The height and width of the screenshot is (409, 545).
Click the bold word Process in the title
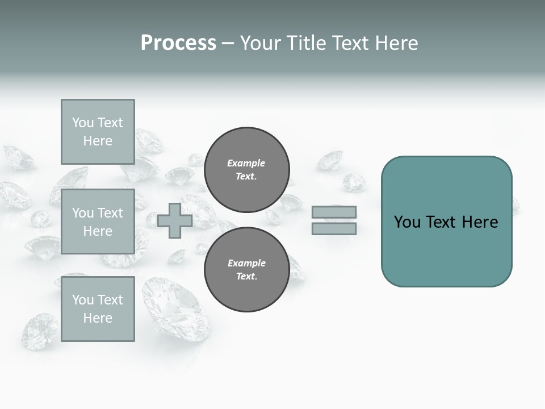[178, 43]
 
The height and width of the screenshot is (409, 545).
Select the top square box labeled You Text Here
[98, 132]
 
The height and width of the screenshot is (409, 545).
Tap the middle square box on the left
[98, 222]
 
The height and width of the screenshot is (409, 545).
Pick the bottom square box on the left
[98, 308]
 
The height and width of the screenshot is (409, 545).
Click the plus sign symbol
[175, 220]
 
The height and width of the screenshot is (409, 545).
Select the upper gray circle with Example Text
[246, 169]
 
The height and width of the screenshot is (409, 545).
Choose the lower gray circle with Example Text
[246, 269]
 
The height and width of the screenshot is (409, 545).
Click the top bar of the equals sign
[334, 212]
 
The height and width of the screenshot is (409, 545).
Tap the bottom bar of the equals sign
[334, 228]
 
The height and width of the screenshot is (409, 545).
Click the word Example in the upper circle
[246, 163]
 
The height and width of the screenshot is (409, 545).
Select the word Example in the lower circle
[246, 263]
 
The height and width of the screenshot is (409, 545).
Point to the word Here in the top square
[98, 141]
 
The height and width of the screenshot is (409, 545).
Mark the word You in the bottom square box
[82, 300]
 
